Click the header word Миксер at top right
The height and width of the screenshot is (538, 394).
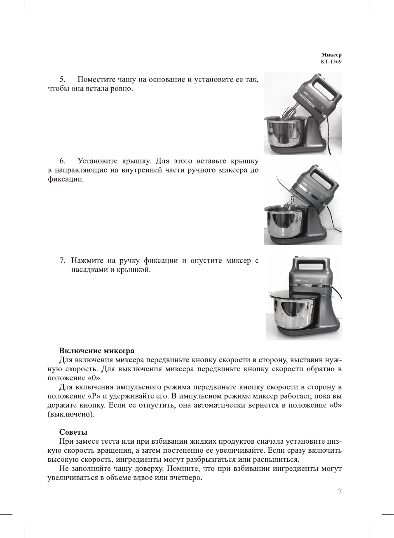click(x=331, y=55)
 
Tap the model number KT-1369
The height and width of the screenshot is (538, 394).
click(x=331, y=62)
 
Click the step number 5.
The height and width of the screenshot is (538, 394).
click(x=63, y=79)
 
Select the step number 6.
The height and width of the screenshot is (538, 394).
click(x=63, y=161)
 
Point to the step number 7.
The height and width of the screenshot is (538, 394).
click(x=63, y=261)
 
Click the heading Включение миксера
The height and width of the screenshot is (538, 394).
click(x=97, y=351)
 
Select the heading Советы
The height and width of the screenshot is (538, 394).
click(x=73, y=432)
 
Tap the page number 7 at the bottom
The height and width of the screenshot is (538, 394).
click(x=340, y=491)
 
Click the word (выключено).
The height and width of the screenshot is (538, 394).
click(x=71, y=415)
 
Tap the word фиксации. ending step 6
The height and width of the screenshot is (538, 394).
click(x=66, y=179)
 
